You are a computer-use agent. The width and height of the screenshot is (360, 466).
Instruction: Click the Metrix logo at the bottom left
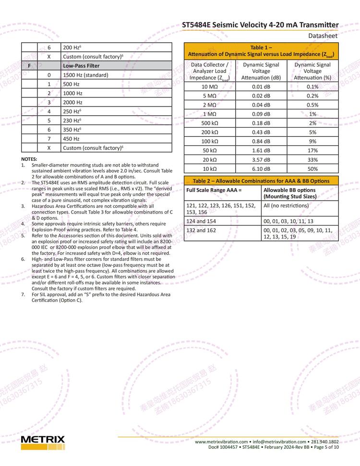pyautogui.click(x=43, y=442)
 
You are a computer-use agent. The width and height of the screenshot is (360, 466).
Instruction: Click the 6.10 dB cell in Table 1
pyautogui.click(x=261, y=169)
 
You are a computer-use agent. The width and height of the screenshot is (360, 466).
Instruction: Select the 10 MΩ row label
pyautogui.click(x=209, y=87)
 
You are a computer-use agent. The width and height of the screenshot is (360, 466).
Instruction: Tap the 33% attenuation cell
pyautogui.click(x=312, y=160)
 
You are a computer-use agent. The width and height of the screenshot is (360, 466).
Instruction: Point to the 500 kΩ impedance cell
pyautogui.click(x=209, y=123)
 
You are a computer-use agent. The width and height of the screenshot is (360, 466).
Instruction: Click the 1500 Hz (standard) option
pyautogui.click(x=85, y=75)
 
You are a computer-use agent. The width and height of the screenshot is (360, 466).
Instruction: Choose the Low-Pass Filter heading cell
pyautogui.click(x=81, y=66)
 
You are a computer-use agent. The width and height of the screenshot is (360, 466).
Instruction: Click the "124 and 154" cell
pyautogui.click(x=201, y=221)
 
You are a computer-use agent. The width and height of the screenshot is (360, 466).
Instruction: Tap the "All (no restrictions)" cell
pyautogui.click(x=286, y=205)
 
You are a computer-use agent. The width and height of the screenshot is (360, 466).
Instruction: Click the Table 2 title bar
pyautogui.click(x=261, y=181)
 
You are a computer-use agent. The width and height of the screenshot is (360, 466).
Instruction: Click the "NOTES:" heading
pyautogui.click(x=29, y=159)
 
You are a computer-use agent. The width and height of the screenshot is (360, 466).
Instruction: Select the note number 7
pyautogui.click(x=23, y=295)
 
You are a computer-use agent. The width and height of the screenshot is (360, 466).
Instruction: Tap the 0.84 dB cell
pyautogui.click(x=261, y=142)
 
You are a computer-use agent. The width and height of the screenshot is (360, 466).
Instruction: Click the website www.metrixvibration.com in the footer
pyautogui.click(x=221, y=442)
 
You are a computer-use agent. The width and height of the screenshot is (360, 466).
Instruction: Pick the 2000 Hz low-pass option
pyautogui.click(x=72, y=102)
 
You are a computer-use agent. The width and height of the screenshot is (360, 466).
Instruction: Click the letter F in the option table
pyautogui.click(x=29, y=66)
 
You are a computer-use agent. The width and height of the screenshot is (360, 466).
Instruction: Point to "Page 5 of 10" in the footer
pyautogui.click(x=326, y=447)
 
